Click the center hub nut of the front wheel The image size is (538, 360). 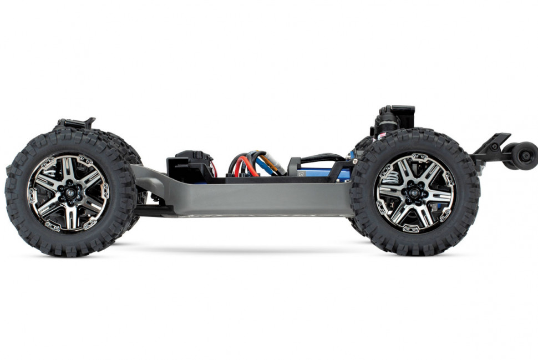70,193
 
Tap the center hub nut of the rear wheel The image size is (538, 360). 415,192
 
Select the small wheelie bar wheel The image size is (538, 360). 524,155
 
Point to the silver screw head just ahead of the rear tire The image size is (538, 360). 354,161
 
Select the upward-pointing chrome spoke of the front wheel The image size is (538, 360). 70,169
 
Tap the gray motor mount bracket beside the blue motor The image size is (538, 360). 295,166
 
